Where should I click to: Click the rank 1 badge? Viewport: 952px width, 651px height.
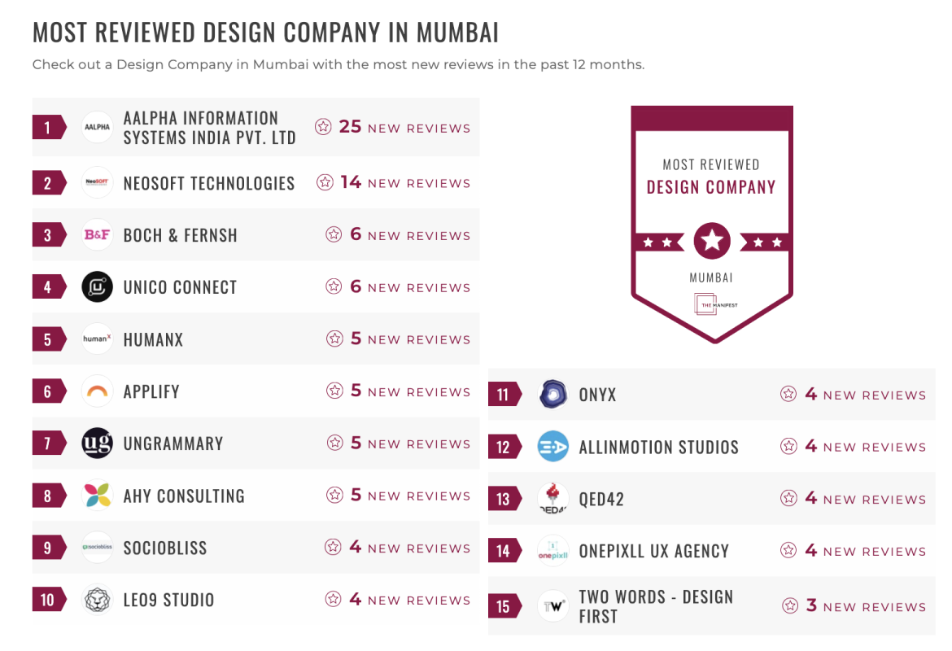48,127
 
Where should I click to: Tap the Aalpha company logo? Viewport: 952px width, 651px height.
97,127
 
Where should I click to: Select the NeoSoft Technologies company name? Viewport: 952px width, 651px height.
209,183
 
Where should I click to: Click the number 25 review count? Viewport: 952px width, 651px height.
350,127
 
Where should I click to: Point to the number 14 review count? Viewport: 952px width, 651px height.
351,182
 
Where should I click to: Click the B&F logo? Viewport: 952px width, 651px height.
97,235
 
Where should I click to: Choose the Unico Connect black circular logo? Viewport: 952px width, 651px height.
97,287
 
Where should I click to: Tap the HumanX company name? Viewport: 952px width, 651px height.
153,339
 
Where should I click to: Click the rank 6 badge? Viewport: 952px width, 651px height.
48,391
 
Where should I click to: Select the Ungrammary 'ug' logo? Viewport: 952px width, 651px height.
97,443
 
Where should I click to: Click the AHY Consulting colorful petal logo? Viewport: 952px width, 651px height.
97,496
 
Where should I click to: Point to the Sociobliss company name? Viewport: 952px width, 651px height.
165,548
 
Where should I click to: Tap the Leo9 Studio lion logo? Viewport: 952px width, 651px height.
97,600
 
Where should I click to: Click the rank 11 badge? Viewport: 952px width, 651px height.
504,395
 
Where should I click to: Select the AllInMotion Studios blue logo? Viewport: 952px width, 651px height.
552,447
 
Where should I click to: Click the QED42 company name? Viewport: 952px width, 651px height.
601,499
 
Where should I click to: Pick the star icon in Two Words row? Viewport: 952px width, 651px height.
789,606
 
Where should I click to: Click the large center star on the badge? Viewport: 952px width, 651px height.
712,241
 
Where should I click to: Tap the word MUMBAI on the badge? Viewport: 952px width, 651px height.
711,277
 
